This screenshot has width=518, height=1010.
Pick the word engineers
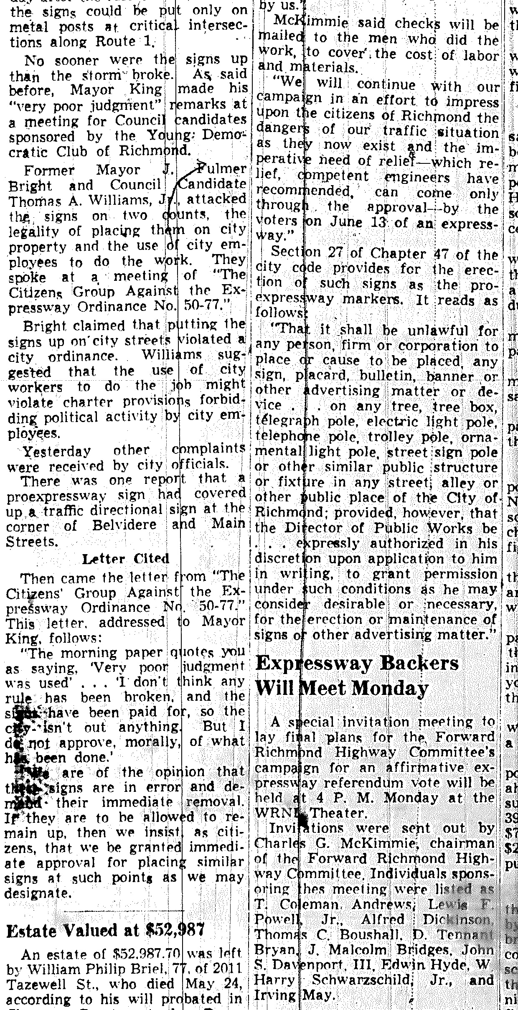(414, 178)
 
